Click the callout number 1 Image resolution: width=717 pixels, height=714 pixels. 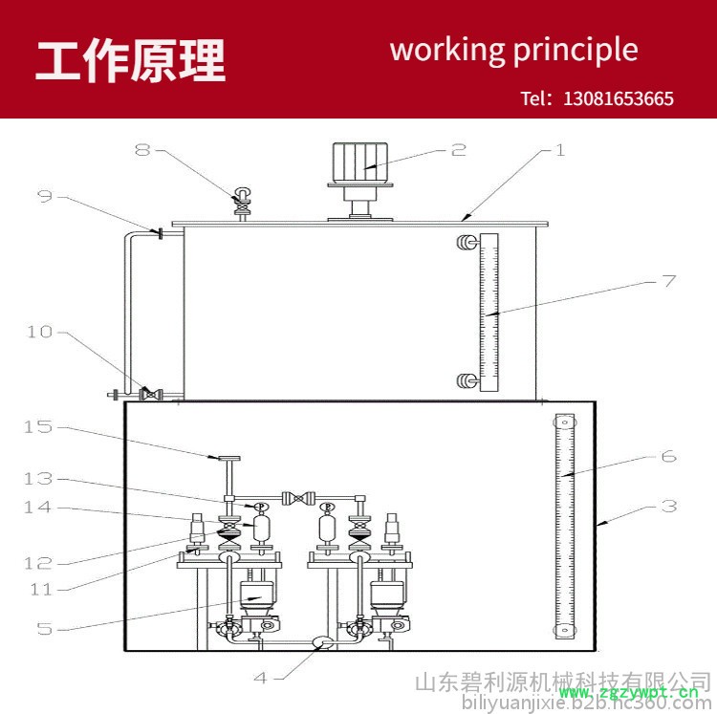(560, 150)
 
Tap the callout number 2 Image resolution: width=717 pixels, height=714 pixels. (459, 150)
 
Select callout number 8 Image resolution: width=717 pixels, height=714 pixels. (142, 150)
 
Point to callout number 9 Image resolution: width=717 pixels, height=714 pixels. (45, 196)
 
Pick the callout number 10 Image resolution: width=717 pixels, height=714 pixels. (39, 332)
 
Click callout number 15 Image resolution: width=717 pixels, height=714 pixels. (38, 427)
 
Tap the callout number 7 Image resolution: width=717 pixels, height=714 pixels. (668, 281)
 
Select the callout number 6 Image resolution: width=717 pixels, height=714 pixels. (668, 457)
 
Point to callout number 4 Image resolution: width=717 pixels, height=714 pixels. (260, 678)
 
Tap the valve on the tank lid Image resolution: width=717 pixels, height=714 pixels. (243, 203)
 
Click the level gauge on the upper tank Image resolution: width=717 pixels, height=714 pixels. (489, 313)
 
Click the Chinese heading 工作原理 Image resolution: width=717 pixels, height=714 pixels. (131, 61)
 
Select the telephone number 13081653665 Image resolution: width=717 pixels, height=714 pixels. (619, 98)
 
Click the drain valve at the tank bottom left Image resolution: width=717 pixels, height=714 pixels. (148, 393)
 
